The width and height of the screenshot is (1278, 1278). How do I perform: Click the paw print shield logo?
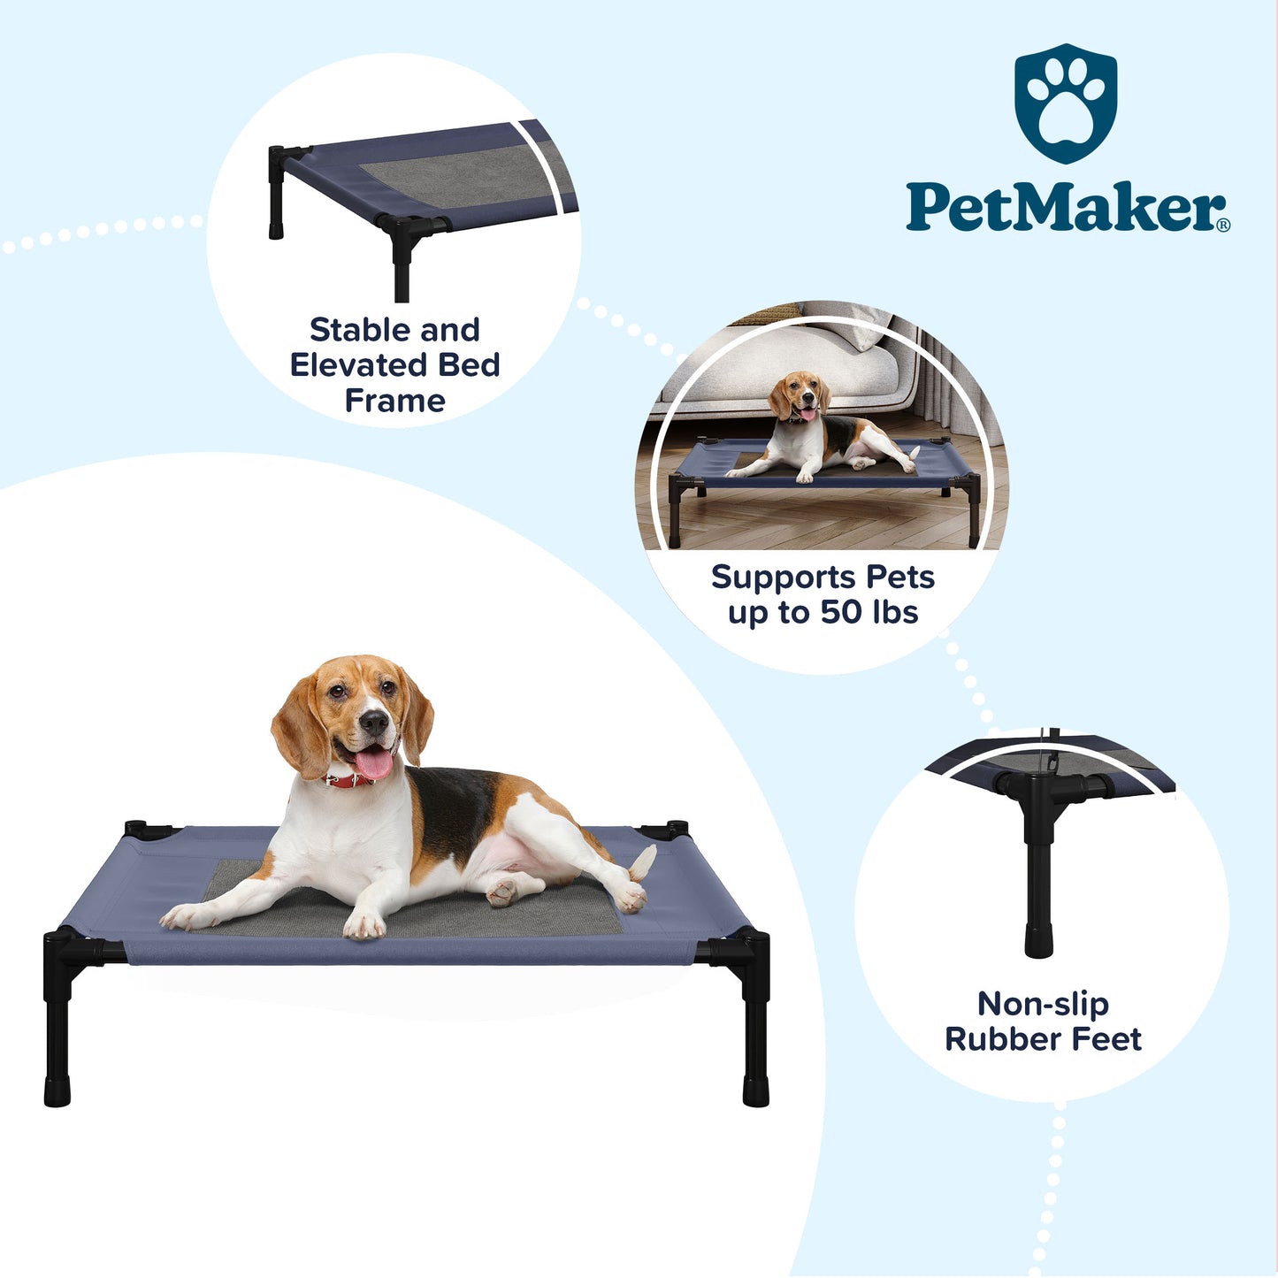[x=1066, y=103]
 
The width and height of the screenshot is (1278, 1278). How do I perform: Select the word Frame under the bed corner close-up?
[x=394, y=401]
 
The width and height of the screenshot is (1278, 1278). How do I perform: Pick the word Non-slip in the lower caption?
[x=1043, y=1005]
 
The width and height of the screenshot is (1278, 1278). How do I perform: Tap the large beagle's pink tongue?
[x=372, y=763]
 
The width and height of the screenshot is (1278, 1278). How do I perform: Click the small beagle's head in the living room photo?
[x=800, y=396]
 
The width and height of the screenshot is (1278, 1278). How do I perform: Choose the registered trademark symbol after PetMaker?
[x=1224, y=226]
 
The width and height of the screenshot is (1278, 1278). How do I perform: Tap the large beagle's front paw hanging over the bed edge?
[x=364, y=923]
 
